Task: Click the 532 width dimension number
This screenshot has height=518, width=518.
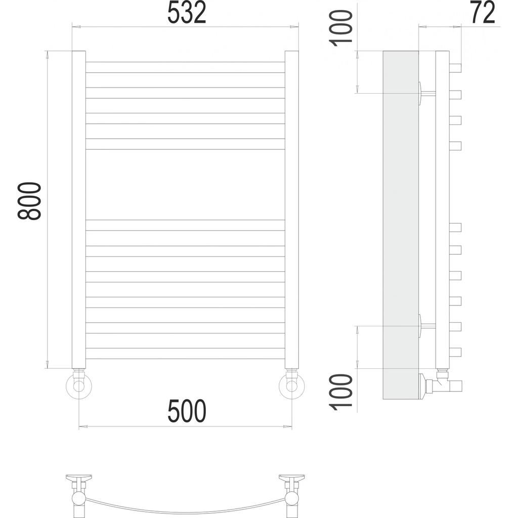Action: tap(187, 14)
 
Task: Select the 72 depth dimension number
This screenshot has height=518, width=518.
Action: tap(483, 14)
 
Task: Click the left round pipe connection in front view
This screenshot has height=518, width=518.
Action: tap(78, 386)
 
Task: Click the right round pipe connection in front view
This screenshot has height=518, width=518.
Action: tap(292, 386)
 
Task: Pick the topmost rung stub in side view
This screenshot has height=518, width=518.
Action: tap(455, 67)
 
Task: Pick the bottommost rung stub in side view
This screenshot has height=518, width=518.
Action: tap(455, 351)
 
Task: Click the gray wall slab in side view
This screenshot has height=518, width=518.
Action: tap(400, 223)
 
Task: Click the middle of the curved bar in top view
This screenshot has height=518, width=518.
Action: tap(186, 509)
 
